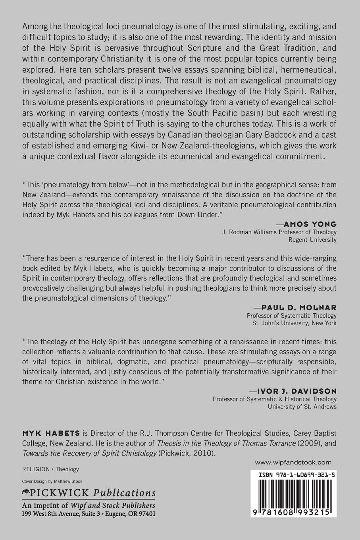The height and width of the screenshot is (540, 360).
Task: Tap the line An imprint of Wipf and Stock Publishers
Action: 89,505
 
